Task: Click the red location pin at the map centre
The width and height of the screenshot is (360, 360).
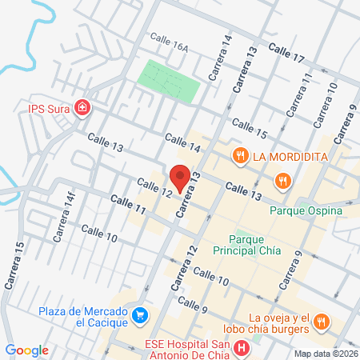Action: [x=180, y=176]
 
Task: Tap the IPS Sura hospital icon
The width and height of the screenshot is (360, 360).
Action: [x=82, y=107]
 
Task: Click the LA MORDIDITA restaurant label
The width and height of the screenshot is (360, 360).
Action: [x=290, y=156]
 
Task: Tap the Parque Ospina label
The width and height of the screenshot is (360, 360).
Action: [x=306, y=210]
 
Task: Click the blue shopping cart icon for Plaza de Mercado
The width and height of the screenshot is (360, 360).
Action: [x=141, y=314]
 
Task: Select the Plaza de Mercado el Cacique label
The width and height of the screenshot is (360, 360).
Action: [x=85, y=317]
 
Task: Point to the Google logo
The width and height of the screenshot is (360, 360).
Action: [x=26, y=350]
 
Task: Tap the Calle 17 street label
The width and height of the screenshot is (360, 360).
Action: [x=286, y=54]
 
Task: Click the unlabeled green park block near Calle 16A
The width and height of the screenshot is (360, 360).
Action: [x=169, y=81]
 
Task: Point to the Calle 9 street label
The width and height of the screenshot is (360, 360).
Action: [x=193, y=305]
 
